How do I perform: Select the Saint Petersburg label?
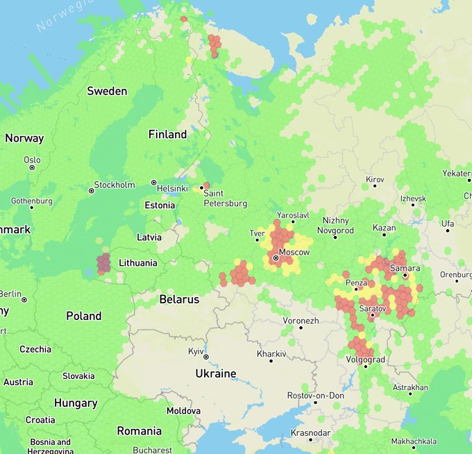click(x=225, y=199)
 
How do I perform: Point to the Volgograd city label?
click(x=366, y=360)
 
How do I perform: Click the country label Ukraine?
click(x=215, y=373)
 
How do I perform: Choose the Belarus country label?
click(x=179, y=300)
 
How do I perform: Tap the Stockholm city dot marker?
click(x=91, y=190)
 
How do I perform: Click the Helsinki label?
click(x=172, y=188)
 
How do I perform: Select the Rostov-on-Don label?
click(x=316, y=395)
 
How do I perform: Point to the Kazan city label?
click(x=384, y=228)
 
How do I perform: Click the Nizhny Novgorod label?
click(x=335, y=226)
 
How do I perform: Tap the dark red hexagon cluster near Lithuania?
click(x=103, y=263)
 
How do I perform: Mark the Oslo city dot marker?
click(x=32, y=167)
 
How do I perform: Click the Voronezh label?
click(x=301, y=321)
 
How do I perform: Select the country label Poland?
click(x=83, y=316)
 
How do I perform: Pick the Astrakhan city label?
click(x=410, y=387)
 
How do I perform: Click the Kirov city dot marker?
click(x=375, y=186)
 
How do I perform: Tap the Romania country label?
click(x=139, y=430)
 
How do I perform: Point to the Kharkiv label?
click(x=271, y=354)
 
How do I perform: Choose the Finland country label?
click(x=167, y=134)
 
